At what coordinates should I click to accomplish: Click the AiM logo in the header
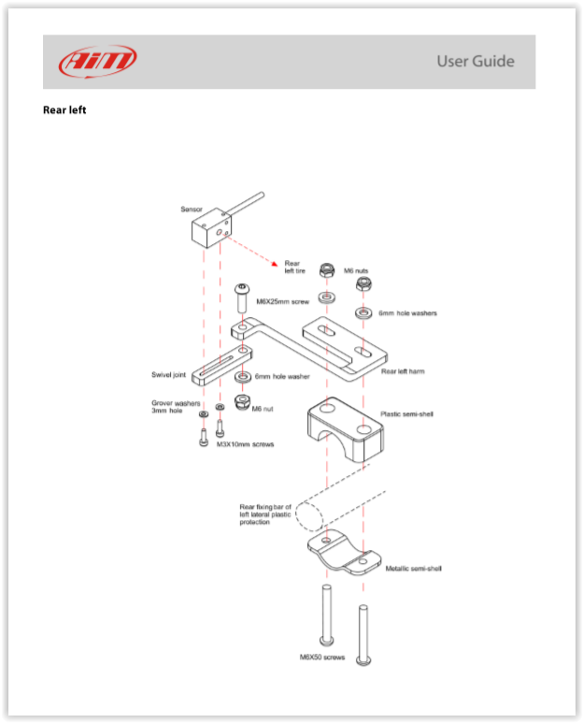pyautogui.click(x=97, y=62)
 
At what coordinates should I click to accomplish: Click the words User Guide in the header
pyautogui.click(x=475, y=62)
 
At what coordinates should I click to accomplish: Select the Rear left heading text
pyautogui.click(x=64, y=110)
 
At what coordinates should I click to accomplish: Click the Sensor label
pyautogui.click(x=192, y=209)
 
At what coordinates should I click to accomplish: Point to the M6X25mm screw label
pyautogui.click(x=282, y=302)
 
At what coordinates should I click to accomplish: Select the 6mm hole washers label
pyautogui.click(x=407, y=313)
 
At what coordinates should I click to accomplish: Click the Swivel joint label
pyautogui.click(x=169, y=375)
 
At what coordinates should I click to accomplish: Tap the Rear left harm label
pyautogui.click(x=403, y=371)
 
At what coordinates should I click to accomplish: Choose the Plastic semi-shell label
pyautogui.click(x=406, y=413)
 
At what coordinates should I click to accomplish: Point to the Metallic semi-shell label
pyautogui.click(x=413, y=568)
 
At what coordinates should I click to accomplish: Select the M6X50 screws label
pyautogui.click(x=321, y=658)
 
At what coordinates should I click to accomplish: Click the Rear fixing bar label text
pyautogui.click(x=265, y=514)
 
